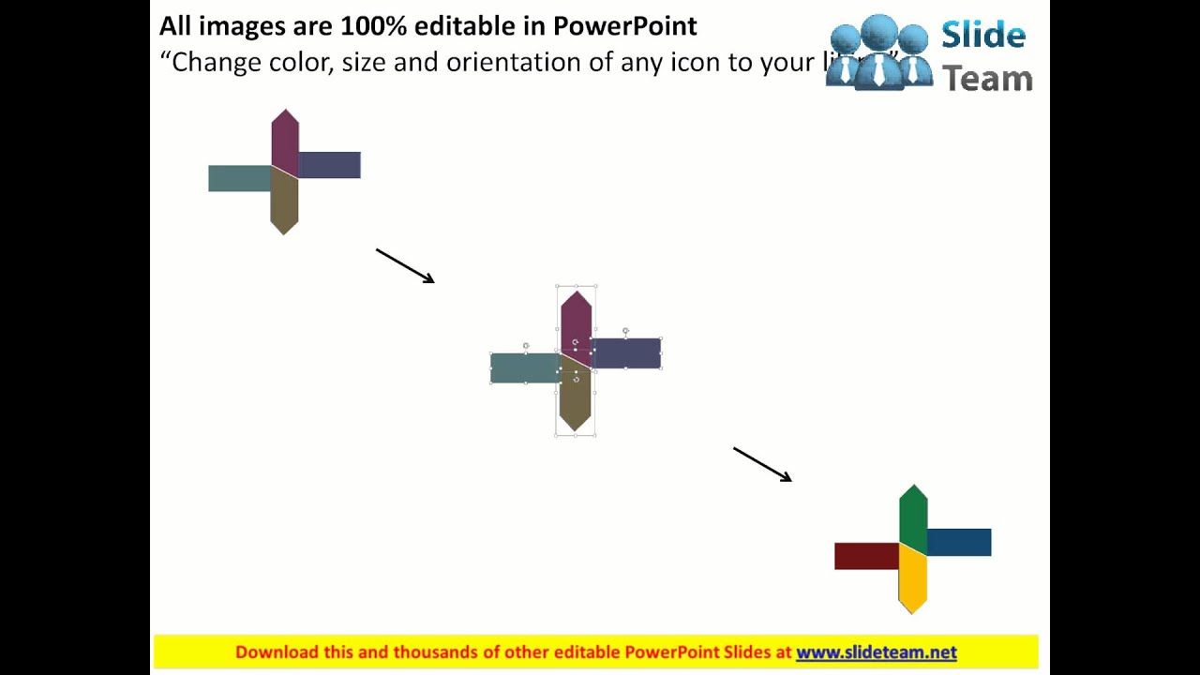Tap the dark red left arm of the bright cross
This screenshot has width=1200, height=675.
coord(865,556)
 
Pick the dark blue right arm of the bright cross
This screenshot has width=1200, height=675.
coord(959,542)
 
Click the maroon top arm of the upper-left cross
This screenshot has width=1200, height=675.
coord(285,141)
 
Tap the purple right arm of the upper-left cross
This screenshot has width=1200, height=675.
coord(330,165)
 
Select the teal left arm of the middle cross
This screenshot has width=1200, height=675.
coord(524,367)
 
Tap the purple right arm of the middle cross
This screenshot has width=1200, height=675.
coord(626,353)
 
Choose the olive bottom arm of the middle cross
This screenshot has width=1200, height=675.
coord(576,398)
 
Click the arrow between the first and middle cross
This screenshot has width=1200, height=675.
coord(405,265)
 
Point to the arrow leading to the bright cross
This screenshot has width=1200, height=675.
coord(762,464)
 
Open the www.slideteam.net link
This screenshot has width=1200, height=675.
coord(876,652)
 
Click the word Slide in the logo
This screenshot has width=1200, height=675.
coord(983,36)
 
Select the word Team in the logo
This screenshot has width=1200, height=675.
coord(987,79)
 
